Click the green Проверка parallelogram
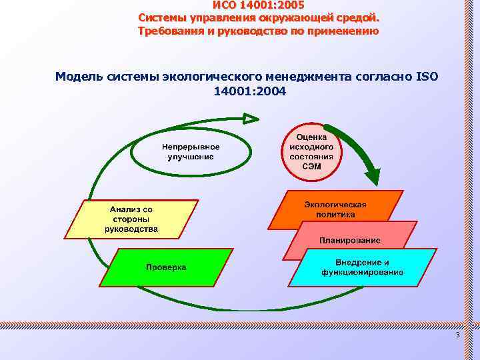pos(167,267)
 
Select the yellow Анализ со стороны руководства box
pos(131,219)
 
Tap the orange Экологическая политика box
pos(335,209)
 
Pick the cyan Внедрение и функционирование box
pos(362,267)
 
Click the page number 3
pos(457,334)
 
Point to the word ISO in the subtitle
pos(426,77)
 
